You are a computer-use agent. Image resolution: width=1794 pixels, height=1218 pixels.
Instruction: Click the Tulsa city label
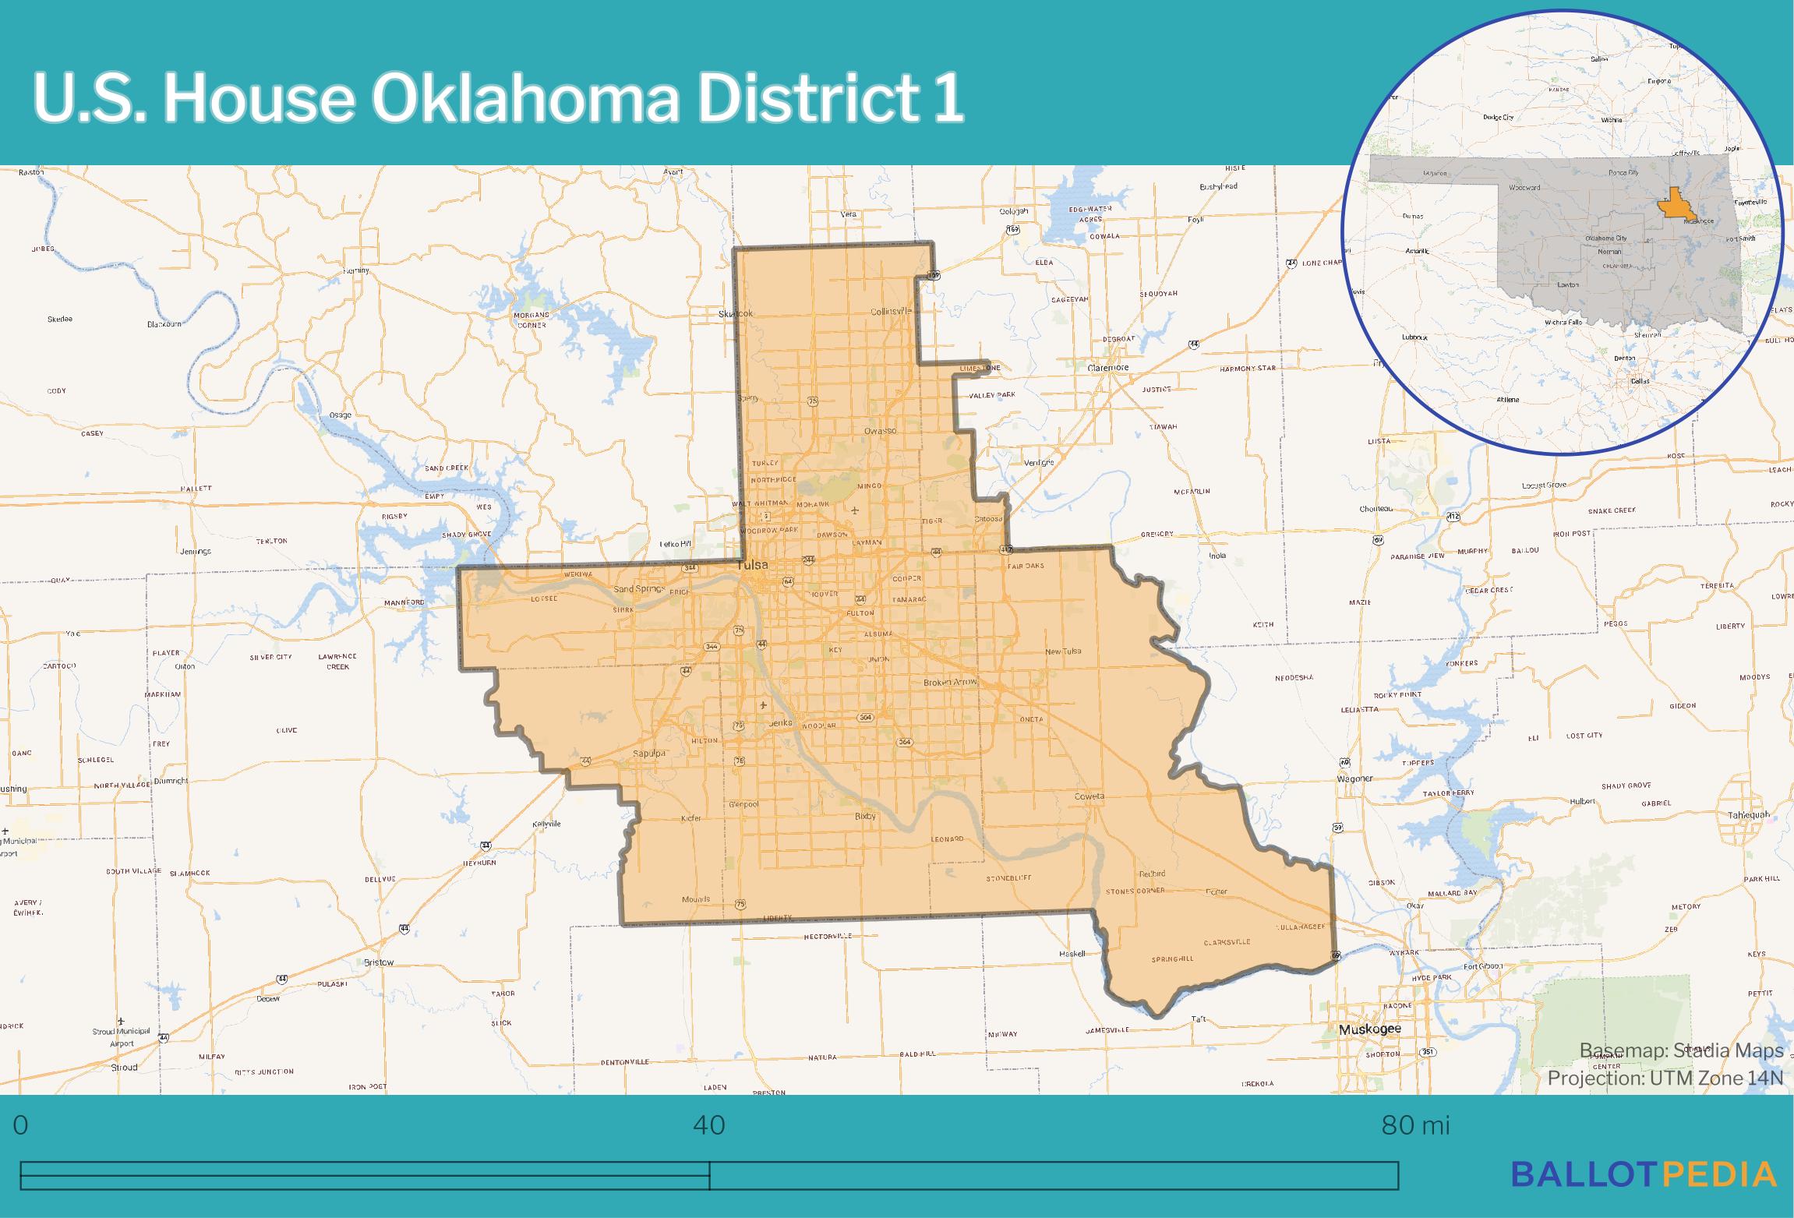pos(752,565)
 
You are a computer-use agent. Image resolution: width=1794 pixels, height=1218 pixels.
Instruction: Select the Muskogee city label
pos(1369,1029)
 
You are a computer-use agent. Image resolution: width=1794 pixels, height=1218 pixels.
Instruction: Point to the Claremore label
pos(1107,367)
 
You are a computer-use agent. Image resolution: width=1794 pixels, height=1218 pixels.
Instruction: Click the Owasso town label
pos(881,431)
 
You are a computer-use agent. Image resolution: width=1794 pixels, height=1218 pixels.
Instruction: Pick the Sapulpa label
pos(648,754)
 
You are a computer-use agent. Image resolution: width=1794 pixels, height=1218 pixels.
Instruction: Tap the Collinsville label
pos(891,312)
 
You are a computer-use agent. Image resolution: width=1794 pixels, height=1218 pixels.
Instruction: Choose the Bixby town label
pos(865,817)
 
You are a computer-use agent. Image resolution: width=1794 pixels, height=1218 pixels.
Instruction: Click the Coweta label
pos(1089,796)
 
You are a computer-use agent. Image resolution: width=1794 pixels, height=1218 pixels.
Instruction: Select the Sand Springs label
pos(638,589)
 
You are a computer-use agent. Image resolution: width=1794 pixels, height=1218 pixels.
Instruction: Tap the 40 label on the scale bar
pos(708,1126)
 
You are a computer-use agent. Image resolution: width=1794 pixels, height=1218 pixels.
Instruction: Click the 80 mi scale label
pos(1415,1126)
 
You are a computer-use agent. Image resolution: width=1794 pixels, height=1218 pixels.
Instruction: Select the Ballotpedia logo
pos(1644,1174)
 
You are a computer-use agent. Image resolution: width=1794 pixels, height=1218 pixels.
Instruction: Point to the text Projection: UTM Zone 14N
pos(1665,1079)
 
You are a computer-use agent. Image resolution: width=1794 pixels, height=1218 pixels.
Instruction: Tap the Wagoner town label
pos(1354,778)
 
